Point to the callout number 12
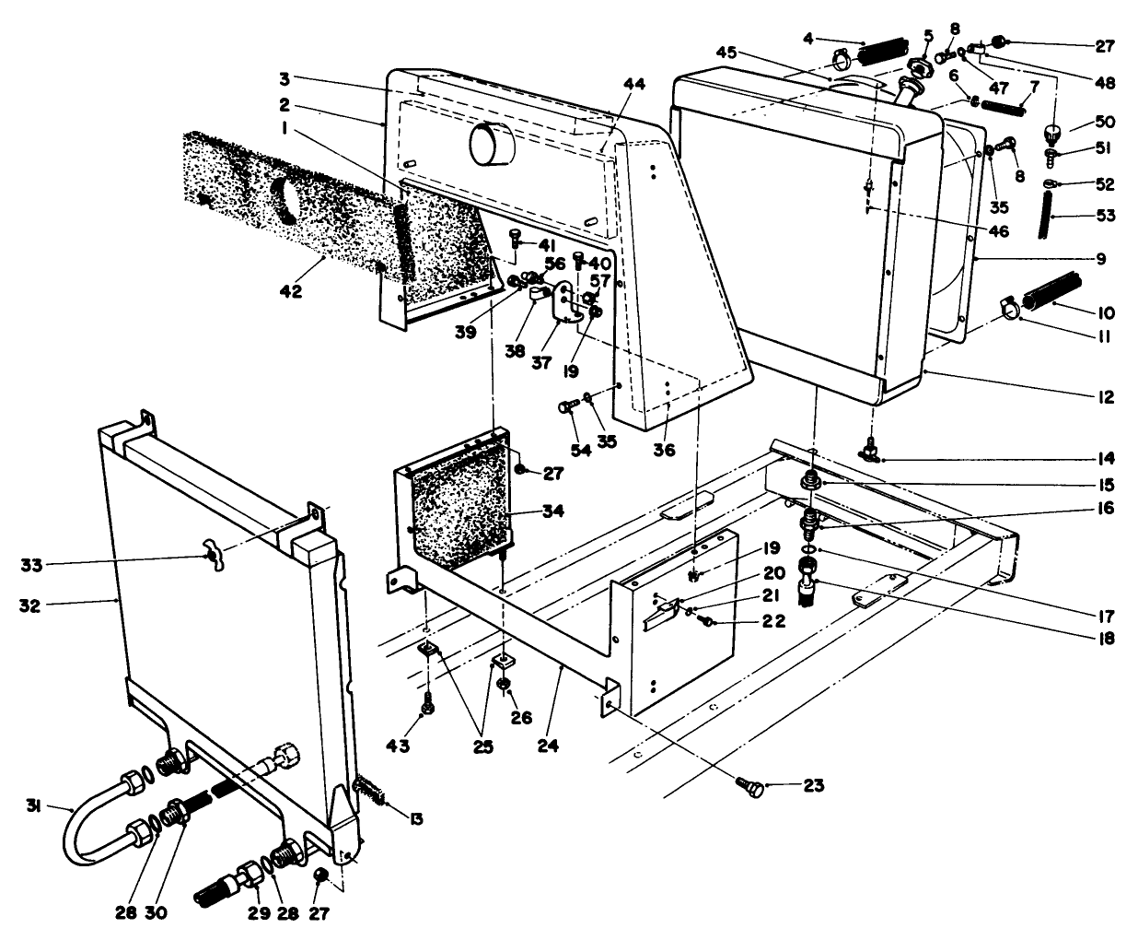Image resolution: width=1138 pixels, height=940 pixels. (x=1105, y=398)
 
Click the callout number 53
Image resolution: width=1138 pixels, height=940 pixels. (x=1105, y=216)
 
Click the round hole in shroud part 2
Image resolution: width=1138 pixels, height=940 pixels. (x=494, y=145)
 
